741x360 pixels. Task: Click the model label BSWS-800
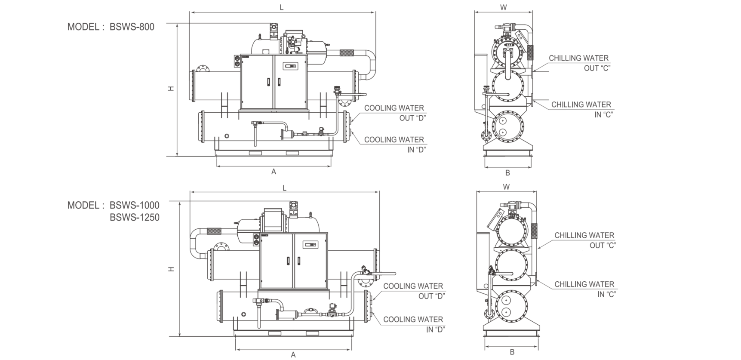tap(132, 27)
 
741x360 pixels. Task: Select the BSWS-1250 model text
tap(135, 218)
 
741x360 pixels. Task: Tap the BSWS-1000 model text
tap(135, 206)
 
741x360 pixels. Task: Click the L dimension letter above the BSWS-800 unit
tap(282, 7)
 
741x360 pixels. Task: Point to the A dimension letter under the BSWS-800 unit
tap(274, 172)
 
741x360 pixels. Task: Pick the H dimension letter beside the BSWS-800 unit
tap(171, 88)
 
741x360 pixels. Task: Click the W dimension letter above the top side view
tap(504, 7)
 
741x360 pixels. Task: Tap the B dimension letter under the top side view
tap(507, 173)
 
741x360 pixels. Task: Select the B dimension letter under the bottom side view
tap(512, 352)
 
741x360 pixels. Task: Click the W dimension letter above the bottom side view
tap(506, 187)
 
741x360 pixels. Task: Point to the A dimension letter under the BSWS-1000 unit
tap(293, 355)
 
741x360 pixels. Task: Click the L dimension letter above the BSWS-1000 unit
tap(284, 188)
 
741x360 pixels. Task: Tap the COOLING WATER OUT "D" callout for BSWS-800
tap(394, 113)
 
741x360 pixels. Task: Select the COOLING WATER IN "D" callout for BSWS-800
tap(394, 145)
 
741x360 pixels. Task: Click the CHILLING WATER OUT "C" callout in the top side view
tap(579, 63)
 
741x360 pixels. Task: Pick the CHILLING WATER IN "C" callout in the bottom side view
tap(585, 289)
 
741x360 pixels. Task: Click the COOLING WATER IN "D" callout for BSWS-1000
tap(413, 324)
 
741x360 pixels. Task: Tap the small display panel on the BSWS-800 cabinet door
tap(290, 66)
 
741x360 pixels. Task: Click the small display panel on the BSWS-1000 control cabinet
tap(310, 245)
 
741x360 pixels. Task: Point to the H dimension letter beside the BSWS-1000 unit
tap(171, 269)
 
